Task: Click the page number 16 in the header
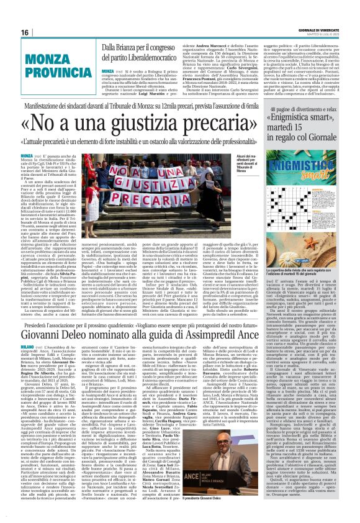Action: (25, 32)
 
